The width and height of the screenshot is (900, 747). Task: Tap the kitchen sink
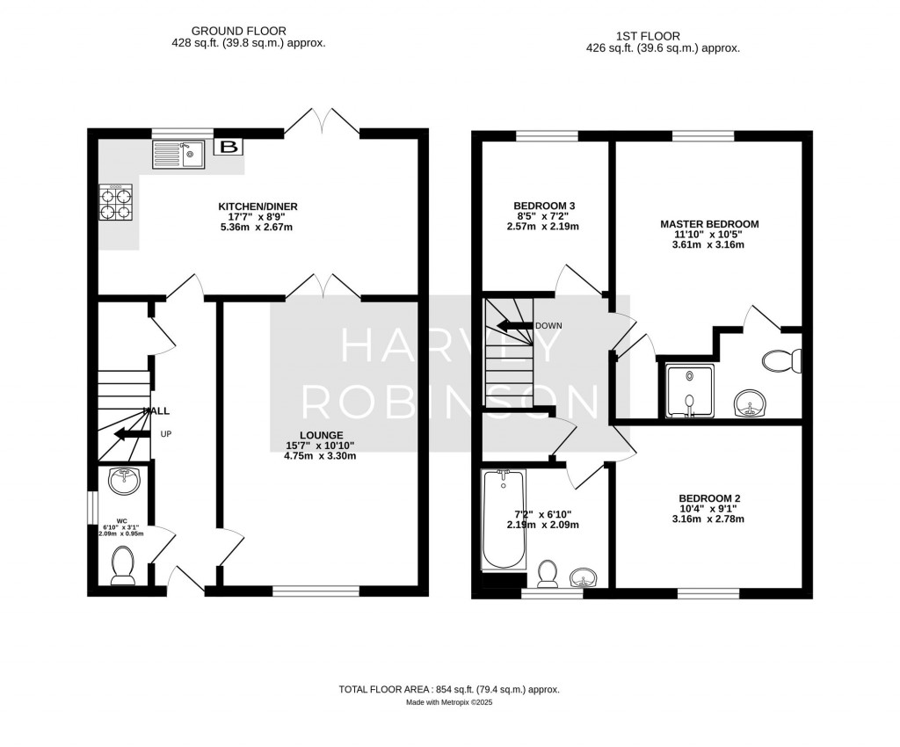click(178, 155)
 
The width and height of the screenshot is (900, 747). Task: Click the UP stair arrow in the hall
click(132, 434)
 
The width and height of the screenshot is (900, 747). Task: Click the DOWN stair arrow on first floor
click(515, 325)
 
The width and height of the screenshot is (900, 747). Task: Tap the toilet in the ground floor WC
click(123, 565)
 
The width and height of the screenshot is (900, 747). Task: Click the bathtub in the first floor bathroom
click(504, 520)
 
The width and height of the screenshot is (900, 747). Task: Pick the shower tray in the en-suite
click(689, 389)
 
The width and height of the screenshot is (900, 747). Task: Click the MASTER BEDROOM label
click(708, 224)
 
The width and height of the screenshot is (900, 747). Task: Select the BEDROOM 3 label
click(538, 207)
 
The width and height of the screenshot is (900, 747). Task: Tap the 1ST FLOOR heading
click(663, 37)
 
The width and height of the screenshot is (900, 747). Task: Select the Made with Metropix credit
click(449, 703)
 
